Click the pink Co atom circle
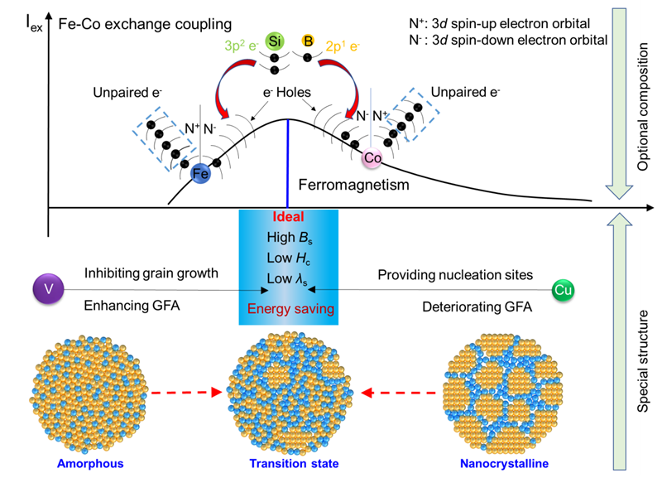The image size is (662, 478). coord(372,156)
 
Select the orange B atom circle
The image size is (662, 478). coord(308,40)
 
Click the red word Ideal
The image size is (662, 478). coord(288,218)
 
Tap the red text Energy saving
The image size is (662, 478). coord(288,309)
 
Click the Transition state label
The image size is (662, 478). coord(287,463)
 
